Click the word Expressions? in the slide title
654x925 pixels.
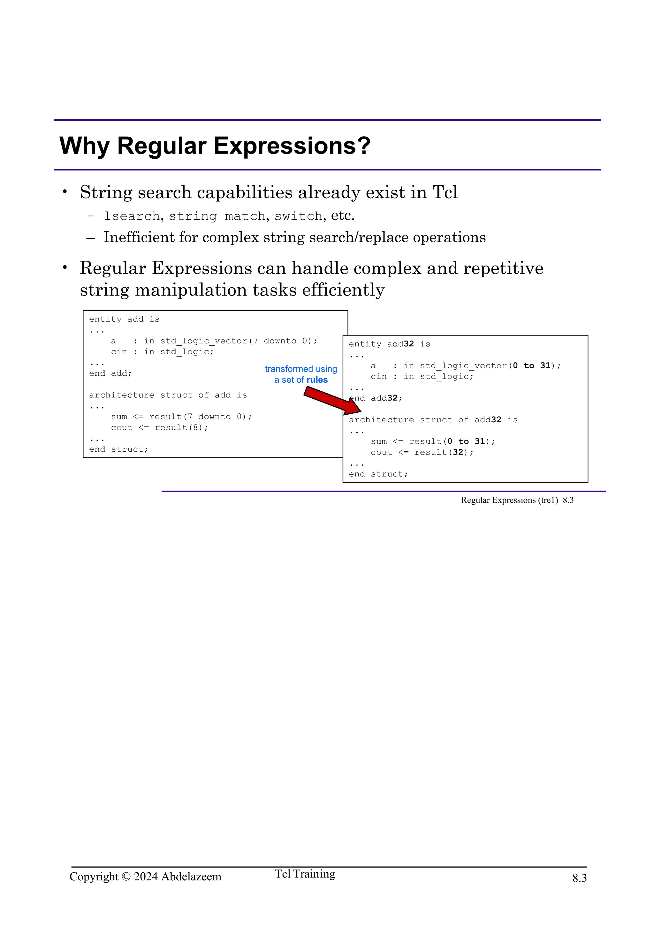(x=292, y=146)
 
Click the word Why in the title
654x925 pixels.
(x=84, y=146)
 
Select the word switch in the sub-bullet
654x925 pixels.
(x=298, y=216)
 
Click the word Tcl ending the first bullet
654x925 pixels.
(x=445, y=192)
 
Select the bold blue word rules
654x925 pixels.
(x=317, y=380)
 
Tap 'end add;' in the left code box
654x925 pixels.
(x=110, y=373)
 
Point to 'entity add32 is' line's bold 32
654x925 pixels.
(x=409, y=344)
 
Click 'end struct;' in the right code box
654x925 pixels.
(x=378, y=474)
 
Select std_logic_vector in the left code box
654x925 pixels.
(x=203, y=341)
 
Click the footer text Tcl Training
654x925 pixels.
(x=305, y=874)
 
